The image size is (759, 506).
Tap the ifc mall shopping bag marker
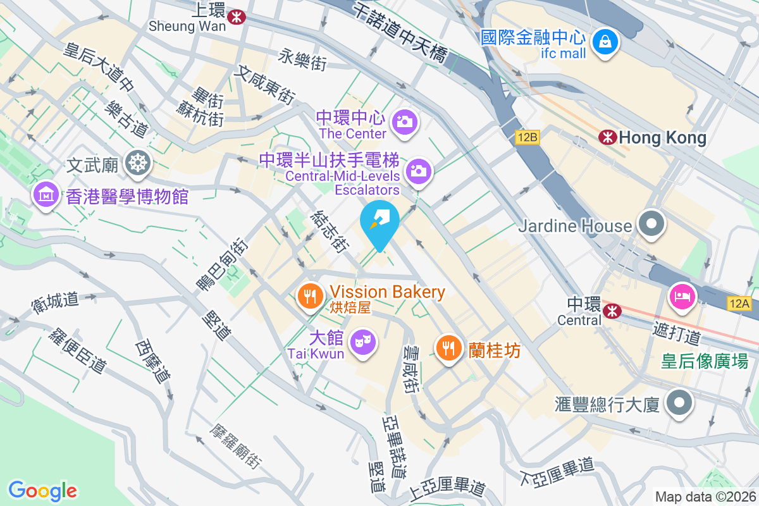[605, 42]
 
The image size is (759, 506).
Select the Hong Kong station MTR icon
[608, 137]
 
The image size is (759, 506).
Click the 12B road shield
[526, 138]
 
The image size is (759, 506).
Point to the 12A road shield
[739, 305]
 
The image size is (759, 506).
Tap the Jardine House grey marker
[650, 225]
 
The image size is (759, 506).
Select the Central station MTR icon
[612, 311]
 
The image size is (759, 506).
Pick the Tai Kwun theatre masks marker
[363, 342]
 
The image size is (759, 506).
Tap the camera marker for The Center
[404, 121]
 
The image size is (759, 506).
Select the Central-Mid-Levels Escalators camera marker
[417, 170]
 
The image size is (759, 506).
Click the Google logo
[42, 491]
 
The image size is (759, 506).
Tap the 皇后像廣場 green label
[705, 361]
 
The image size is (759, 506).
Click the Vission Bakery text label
[387, 292]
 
